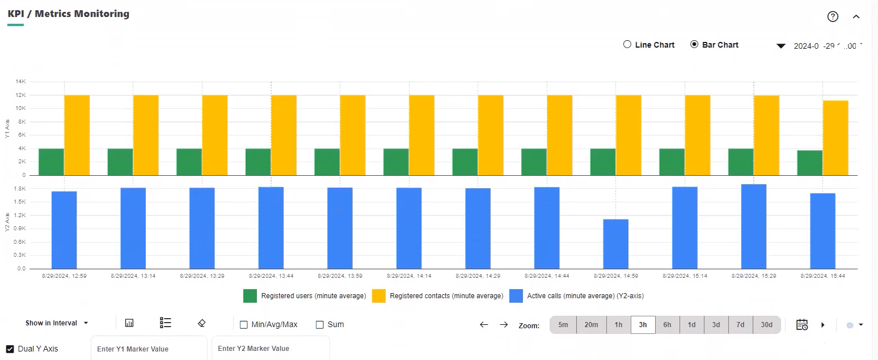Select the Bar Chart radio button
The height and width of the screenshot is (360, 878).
click(x=694, y=45)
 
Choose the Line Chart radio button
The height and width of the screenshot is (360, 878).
click(x=627, y=45)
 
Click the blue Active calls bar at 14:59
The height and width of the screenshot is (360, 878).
click(x=615, y=244)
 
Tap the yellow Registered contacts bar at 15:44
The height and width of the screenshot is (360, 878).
click(x=835, y=138)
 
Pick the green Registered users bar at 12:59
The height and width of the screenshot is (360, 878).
click(x=51, y=162)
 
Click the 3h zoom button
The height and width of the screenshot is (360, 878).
click(x=643, y=325)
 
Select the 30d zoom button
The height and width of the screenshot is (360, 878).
click(x=766, y=325)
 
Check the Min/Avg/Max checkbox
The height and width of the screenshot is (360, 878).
click(x=244, y=325)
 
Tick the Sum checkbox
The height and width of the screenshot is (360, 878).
click(x=320, y=325)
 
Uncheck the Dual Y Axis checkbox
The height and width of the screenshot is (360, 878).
click(x=10, y=349)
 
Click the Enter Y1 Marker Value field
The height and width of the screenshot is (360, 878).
click(x=149, y=349)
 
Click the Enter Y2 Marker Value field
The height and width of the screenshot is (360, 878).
click(x=270, y=349)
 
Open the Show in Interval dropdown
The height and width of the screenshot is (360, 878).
click(x=57, y=323)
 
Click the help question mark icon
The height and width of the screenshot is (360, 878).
click(x=833, y=16)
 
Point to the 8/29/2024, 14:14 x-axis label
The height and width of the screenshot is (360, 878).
click(x=409, y=276)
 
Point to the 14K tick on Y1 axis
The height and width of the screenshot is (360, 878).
click(x=21, y=82)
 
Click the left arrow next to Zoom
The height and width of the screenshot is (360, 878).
click(x=484, y=325)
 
